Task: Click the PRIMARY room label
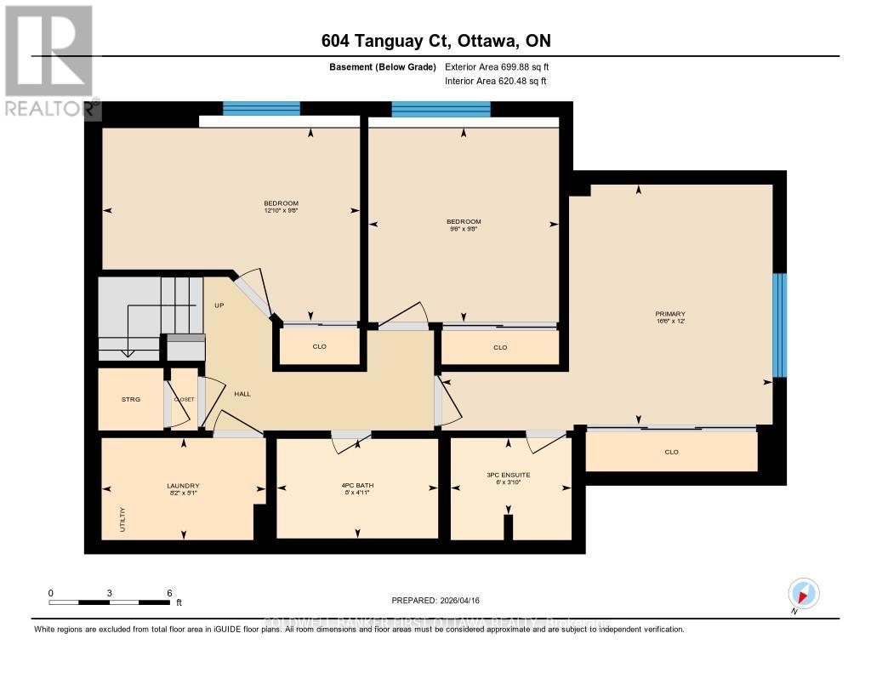point(671,314)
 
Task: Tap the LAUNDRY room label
point(183,486)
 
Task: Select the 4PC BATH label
point(357,486)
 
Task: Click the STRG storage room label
point(130,398)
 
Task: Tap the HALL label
point(242,393)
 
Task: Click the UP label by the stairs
point(219,305)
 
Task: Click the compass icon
point(804,593)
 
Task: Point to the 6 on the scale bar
point(169,593)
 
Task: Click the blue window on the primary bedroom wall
point(779,325)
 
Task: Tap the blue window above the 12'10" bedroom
point(261,108)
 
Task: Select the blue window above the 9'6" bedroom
point(441,109)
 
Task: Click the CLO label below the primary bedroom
point(671,452)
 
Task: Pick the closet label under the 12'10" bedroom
point(319,347)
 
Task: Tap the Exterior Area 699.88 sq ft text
point(503,67)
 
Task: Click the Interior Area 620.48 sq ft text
point(496,82)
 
